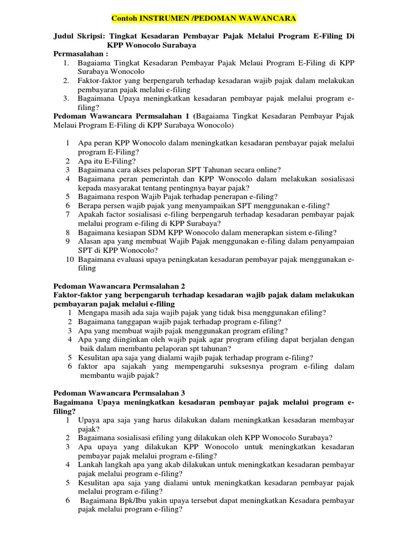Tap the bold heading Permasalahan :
click(81, 54)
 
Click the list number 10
click(70, 260)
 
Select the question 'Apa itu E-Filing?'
click(107, 161)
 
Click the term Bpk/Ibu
click(135, 501)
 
